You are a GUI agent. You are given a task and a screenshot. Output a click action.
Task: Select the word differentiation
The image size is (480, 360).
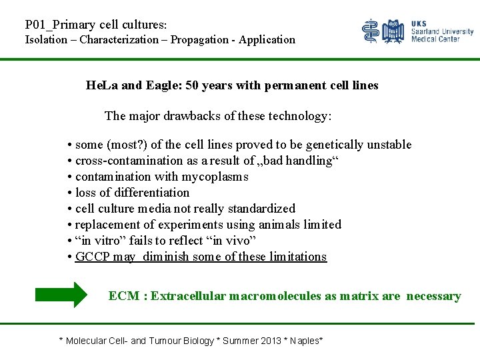coord(154,193)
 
